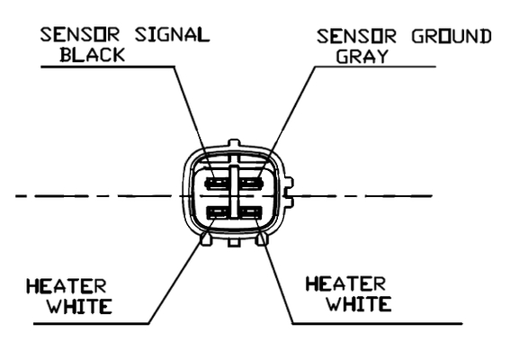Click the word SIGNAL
(x=172, y=34)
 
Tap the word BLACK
(x=93, y=55)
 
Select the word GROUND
(x=452, y=36)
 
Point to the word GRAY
(x=362, y=56)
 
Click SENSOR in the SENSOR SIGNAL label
(x=80, y=34)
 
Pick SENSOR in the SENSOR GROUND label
(x=356, y=36)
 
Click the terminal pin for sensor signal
(x=217, y=184)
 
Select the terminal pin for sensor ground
(x=250, y=184)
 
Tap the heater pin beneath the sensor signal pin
(x=218, y=212)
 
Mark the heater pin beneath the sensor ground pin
(x=250, y=212)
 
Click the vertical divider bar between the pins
(x=234, y=192)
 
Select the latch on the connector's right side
(x=289, y=193)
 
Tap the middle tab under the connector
(x=234, y=241)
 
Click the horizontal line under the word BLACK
(x=108, y=67)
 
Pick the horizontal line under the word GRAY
(x=375, y=67)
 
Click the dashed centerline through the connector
(x=224, y=196)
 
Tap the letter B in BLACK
(x=66, y=55)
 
